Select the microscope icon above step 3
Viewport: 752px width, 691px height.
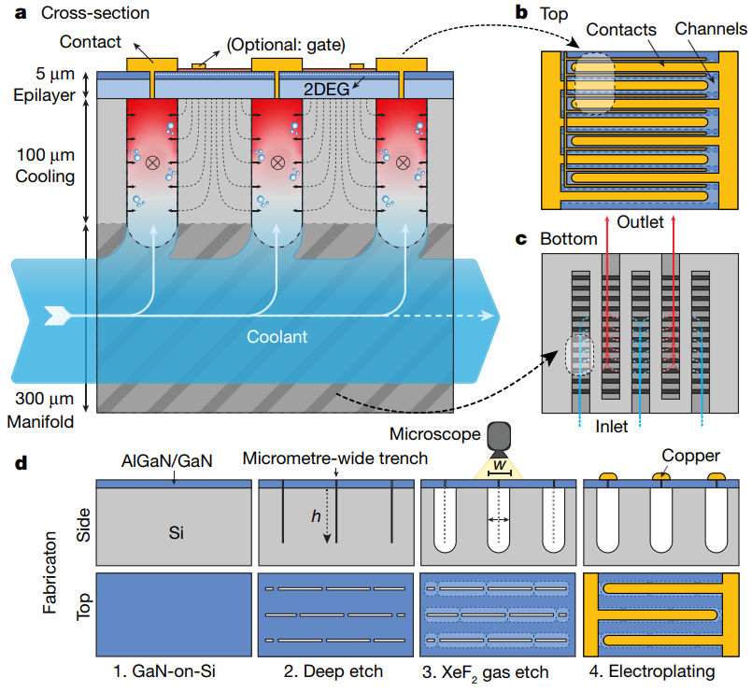(500, 438)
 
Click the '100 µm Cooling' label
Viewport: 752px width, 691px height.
(41, 162)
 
